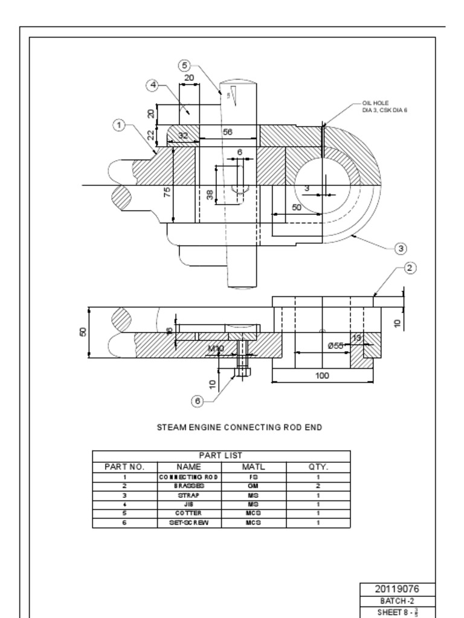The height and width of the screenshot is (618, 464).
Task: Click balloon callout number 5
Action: (x=185, y=65)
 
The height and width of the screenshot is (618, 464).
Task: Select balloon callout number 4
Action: (x=153, y=85)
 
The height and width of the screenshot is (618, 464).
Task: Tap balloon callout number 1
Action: (x=119, y=125)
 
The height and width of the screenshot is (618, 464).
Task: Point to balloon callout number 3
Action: (x=400, y=248)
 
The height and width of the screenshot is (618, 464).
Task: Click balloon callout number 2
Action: (x=410, y=268)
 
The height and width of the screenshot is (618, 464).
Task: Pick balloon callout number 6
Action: (x=197, y=401)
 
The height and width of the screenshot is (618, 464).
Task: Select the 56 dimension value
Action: (x=228, y=132)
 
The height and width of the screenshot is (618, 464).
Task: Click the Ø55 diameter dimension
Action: (x=335, y=345)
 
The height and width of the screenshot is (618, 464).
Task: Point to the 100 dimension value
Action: (x=322, y=376)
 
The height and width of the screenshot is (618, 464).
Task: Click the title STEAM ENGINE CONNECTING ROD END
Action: (x=239, y=427)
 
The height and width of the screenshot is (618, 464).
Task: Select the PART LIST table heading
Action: (x=221, y=456)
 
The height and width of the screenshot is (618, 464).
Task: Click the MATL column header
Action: (x=253, y=467)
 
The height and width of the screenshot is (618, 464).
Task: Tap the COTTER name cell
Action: (x=188, y=513)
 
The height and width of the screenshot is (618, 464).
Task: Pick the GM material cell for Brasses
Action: (x=253, y=485)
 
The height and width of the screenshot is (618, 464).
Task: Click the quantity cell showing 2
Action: (x=318, y=485)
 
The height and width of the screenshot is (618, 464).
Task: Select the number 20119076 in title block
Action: (x=397, y=589)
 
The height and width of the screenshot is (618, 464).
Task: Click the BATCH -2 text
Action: (x=397, y=601)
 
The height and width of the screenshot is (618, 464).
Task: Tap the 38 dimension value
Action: (x=210, y=194)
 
